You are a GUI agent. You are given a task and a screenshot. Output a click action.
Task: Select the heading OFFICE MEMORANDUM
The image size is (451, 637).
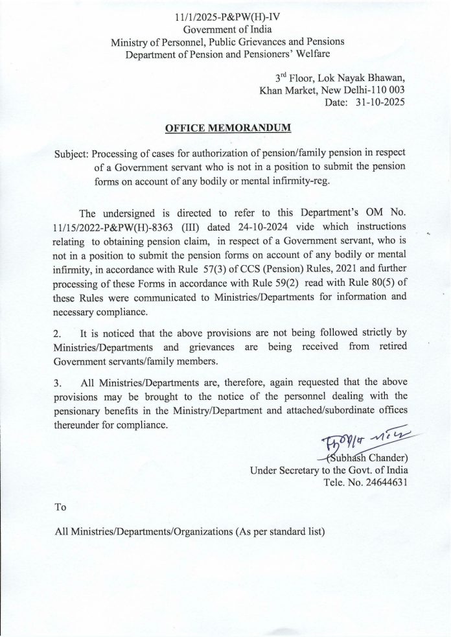pyautogui.click(x=228, y=128)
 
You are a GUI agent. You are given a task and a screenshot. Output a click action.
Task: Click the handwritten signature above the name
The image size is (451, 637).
pyautogui.click(x=362, y=443)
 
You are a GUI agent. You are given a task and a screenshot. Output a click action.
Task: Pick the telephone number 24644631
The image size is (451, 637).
pyautogui.click(x=385, y=483)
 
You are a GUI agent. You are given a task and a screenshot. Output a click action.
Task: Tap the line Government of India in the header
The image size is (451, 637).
pyautogui.click(x=227, y=30)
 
